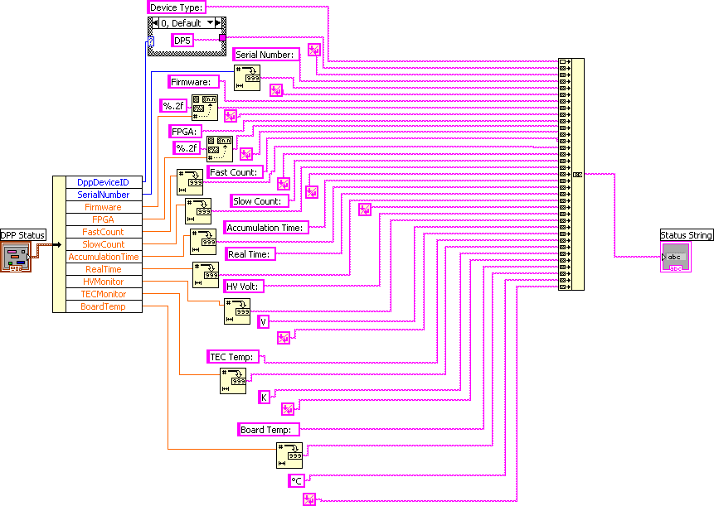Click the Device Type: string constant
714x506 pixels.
coord(176,7)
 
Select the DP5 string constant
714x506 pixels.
coord(182,40)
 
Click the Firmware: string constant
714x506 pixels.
coord(193,82)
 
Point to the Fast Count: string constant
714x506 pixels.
coord(235,172)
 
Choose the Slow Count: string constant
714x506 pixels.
coord(260,201)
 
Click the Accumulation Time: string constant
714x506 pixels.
coord(265,228)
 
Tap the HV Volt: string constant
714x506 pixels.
coord(243,287)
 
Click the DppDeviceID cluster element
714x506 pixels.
coord(103,182)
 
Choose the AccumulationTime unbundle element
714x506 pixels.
coord(103,257)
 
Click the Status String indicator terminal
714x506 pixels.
coord(674,257)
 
